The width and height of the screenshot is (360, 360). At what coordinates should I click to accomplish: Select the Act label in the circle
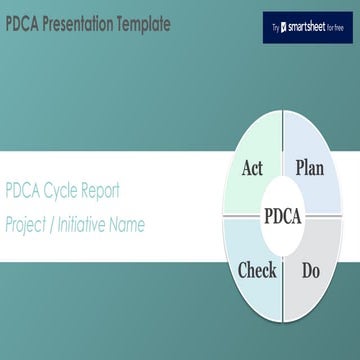click(x=252, y=168)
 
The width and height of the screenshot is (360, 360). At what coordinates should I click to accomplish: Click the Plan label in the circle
click(x=310, y=168)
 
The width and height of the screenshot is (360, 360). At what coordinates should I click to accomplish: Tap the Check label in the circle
click(x=257, y=269)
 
